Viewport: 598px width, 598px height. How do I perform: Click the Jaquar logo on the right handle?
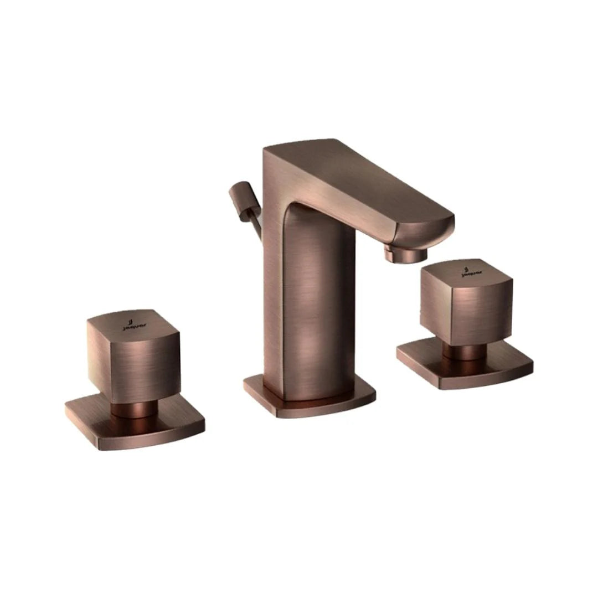click(471, 271)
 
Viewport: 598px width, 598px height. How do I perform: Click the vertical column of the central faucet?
click(310, 310)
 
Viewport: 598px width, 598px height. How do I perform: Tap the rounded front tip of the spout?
click(437, 227)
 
